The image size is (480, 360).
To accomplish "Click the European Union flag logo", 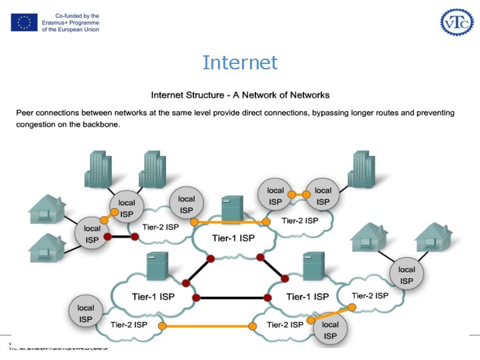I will click(x=24, y=23).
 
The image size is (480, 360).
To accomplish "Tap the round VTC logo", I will click(x=456, y=22).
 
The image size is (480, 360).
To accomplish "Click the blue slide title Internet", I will click(x=240, y=63).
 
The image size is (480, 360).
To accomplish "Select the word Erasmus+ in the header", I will click(x=61, y=23).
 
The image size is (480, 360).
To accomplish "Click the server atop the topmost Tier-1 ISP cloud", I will click(x=232, y=209).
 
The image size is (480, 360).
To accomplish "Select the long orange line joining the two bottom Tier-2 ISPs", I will click(x=208, y=326).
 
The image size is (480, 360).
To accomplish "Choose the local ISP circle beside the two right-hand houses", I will click(x=406, y=275).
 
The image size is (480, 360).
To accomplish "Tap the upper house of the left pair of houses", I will click(x=47, y=209).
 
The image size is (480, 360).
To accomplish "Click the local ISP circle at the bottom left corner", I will click(x=86, y=313).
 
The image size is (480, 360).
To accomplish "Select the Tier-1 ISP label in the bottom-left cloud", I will click(x=153, y=296).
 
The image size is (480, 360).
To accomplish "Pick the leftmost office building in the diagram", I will click(x=97, y=169).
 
